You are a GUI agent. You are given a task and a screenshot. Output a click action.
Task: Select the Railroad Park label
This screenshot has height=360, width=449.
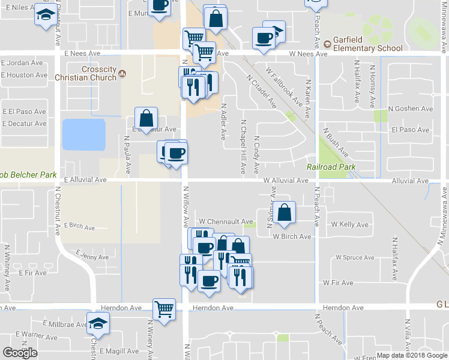point(331,167)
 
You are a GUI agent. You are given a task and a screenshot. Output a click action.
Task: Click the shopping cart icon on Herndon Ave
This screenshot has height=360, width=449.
point(164,309)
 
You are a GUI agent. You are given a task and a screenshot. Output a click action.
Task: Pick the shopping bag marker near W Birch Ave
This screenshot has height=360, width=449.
point(285,212)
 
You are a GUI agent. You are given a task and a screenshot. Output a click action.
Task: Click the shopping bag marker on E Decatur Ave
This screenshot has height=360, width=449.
point(146,118)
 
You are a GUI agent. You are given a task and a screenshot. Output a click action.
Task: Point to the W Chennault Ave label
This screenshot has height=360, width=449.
point(226,221)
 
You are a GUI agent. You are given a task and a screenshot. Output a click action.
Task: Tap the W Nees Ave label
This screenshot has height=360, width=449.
point(308,54)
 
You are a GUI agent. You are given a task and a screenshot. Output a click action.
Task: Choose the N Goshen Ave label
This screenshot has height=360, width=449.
point(410,109)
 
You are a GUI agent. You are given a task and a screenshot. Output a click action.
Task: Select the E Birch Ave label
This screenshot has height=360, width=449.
point(79,227)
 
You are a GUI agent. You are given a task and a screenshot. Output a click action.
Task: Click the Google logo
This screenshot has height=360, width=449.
point(20,353)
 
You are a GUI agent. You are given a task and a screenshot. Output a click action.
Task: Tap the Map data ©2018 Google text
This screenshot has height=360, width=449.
point(412,355)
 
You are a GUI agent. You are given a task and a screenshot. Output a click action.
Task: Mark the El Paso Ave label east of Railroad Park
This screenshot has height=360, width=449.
point(410,130)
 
